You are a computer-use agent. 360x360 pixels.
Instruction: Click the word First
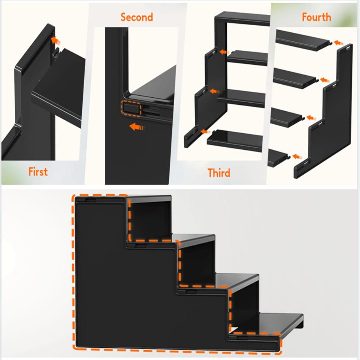(38, 172)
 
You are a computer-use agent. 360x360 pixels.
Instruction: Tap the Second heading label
(137, 17)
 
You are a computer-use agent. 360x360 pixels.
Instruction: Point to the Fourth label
(316, 17)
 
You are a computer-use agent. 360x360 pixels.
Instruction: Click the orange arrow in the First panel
(54, 39)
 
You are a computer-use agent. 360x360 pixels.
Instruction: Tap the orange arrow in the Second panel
(136, 127)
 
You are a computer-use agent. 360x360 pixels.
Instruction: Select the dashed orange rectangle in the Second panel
(131, 108)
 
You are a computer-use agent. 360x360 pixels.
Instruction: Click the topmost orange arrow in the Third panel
(224, 52)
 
